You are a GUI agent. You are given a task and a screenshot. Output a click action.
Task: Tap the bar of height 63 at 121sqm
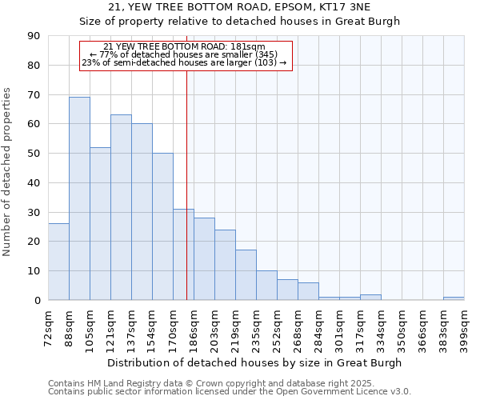[x=121, y=207]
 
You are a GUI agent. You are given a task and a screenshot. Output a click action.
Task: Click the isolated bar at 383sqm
[x=454, y=298]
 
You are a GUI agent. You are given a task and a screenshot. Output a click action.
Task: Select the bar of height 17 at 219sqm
[x=246, y=275]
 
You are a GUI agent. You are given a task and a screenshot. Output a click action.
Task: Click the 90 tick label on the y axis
[x=34, y=36]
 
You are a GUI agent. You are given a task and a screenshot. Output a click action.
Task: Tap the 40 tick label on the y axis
[x=34, y=183]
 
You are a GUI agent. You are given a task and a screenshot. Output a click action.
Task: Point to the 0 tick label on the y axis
[x=37, y=301]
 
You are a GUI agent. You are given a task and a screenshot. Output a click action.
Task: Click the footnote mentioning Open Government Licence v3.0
[x=230, y=392]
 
